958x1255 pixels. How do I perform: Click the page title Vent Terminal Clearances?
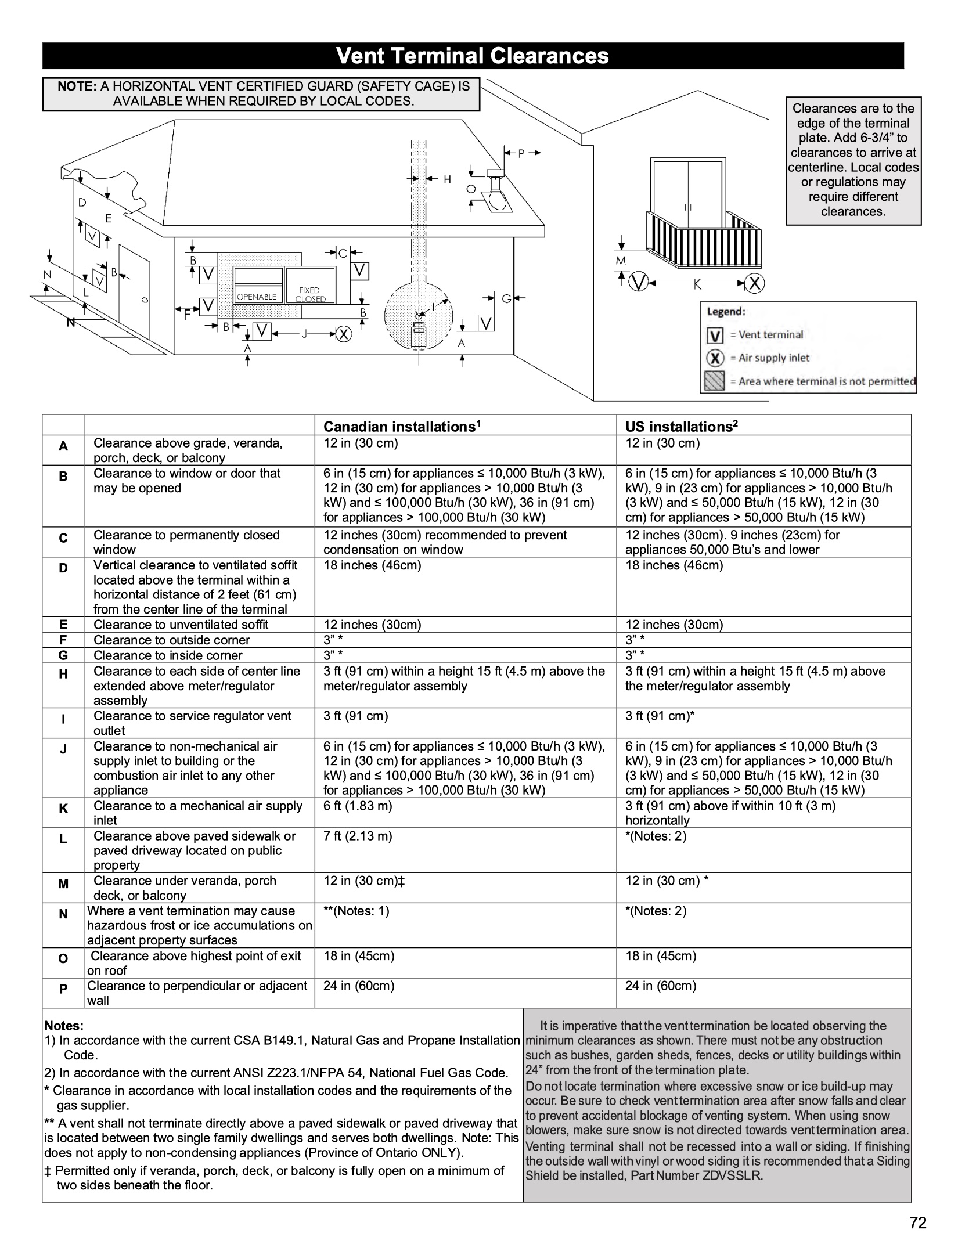coord(472,56)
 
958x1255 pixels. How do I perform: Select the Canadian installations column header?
coord(402,427)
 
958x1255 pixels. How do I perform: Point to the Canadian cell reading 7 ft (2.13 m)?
coord(358,836)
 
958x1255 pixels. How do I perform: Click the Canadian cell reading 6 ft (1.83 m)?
coord(358,806)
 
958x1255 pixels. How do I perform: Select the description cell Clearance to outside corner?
coord(171,640)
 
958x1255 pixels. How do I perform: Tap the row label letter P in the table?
coord(63,989)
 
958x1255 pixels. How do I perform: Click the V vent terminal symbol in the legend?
coord(715,336)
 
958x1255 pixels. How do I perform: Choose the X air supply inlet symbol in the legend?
coord(715,358)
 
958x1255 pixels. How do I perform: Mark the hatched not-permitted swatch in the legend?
coord(714,381)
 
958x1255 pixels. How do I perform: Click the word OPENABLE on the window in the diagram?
coord(257,297)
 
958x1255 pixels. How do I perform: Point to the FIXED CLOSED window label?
coord(310,294)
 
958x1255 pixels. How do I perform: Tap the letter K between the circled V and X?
coord(697,284)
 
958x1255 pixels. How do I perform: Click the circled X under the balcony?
coord(754,283)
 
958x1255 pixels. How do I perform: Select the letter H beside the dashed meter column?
coord(447,179)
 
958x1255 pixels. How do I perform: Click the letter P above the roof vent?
coord(521,153)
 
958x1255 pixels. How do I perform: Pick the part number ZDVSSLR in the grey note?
coord(733,1176)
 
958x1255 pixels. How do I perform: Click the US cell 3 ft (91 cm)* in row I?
coord(660,716)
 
